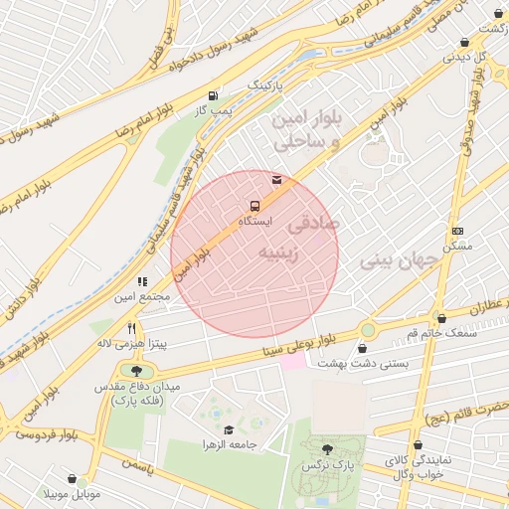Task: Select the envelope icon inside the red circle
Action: pyautogui.click(x=276, y=180)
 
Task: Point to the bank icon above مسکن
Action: pyautogui.click(x=456, y=231)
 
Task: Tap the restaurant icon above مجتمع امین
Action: pyautogui.click(x=141, y=282)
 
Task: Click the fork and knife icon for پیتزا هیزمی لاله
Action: pyautogui.click(x=130, y=328)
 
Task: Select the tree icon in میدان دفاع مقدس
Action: pyautogui.click(x=136, y=371)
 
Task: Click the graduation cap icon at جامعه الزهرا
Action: pyautogui.click(x=228, y=429)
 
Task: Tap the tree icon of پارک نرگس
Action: pyautogui.click(x=328, y=450)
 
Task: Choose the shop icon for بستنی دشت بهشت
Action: pyautogui.click(x=363, y=349)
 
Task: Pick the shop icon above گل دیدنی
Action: pyautogui.click(x=465, y=42)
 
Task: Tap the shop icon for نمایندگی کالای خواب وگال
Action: pyautogui.click(x=416, y=446)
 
